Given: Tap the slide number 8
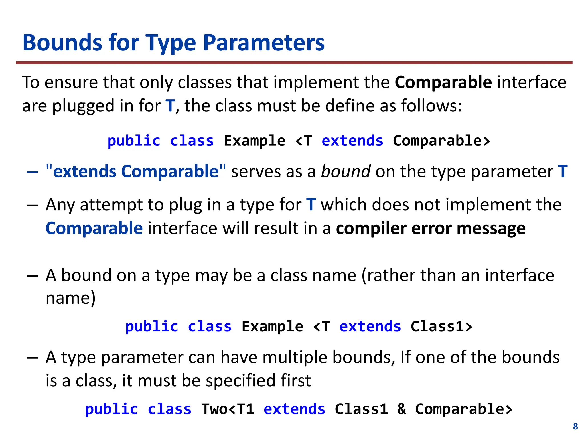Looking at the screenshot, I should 575,426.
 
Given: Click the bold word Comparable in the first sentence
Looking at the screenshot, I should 443,82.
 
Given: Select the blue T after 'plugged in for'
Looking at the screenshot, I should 170,106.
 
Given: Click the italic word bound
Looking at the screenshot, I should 346,171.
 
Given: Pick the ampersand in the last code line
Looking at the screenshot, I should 401,409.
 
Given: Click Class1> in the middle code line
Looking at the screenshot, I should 441,327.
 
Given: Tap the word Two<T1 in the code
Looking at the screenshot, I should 228,409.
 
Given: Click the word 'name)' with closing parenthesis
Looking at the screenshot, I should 70,298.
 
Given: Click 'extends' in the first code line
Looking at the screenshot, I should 352,141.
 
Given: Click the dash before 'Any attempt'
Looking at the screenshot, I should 32,205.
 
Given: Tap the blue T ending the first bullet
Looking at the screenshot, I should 563,171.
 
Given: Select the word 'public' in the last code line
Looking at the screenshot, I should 111,409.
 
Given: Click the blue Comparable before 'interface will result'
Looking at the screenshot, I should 94,228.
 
